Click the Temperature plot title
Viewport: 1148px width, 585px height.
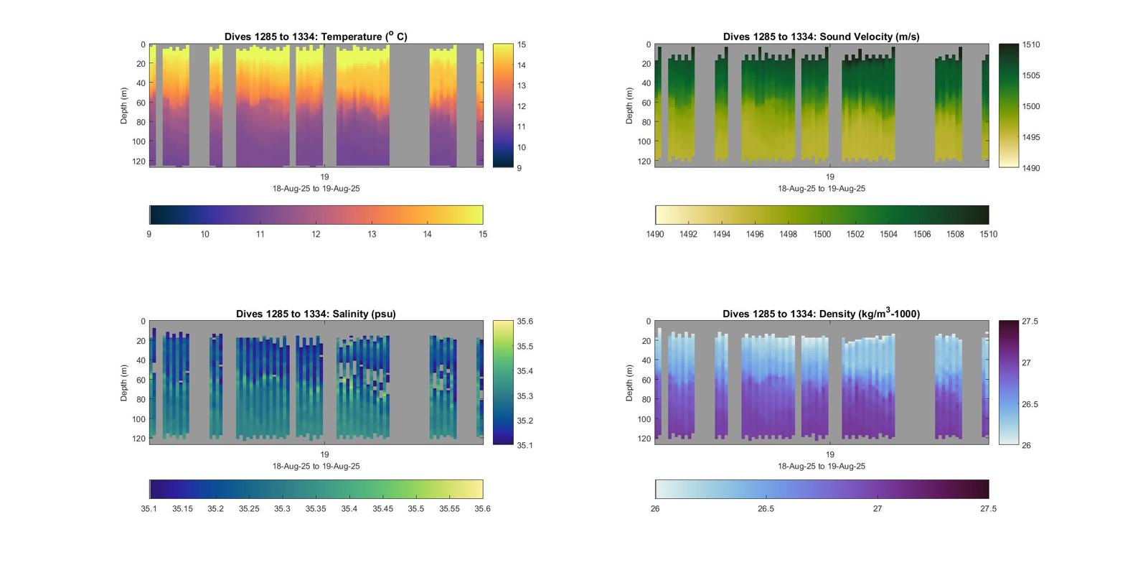coord(316,37)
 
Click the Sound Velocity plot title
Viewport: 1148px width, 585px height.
coord(821,37)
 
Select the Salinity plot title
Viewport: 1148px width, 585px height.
coord(316,314)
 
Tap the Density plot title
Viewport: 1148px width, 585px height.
coord(821,314)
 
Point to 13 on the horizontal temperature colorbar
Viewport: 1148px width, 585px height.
coord(372,234)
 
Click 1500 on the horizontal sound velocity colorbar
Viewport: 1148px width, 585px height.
coord(822,234)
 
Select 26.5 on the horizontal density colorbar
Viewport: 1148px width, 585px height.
coord(766,509)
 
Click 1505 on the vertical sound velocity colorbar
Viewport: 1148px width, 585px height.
coord(1030,75)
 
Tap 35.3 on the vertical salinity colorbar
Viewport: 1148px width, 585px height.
coord(524,396)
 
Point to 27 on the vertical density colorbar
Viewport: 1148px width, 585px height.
coord(1026,363)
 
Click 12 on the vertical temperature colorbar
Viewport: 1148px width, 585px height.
coord(522,106)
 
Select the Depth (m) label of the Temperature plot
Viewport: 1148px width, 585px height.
coord(124,106)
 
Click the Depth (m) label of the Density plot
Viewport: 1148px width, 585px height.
coord(629,383)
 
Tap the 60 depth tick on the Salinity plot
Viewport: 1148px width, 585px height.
coord(141,380)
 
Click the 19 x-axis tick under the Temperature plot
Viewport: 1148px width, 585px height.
coord(324,177)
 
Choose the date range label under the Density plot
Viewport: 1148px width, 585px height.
coord(821,466)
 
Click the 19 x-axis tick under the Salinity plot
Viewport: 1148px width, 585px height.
coord(324,454)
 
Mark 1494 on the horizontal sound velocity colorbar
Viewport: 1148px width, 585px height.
coord(721,234)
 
